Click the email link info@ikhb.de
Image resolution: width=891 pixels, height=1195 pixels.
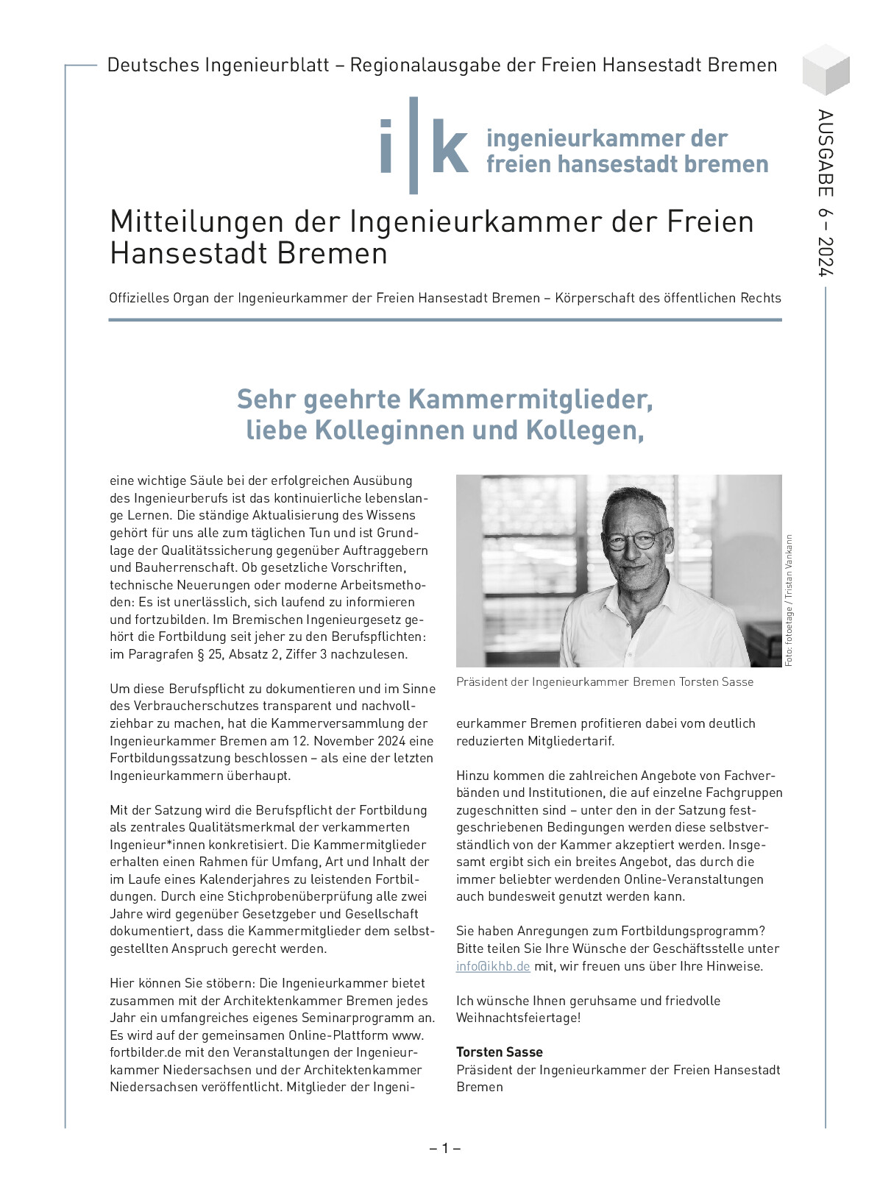493,966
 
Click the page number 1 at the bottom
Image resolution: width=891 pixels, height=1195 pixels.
445,1148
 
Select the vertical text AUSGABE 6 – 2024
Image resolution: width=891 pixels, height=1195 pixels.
826,193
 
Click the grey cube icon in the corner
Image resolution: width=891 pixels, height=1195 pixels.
826,69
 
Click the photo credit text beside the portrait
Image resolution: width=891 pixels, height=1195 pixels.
789,600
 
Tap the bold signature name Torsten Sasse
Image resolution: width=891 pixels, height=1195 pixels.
500,1052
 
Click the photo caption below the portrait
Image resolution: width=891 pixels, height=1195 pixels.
605,682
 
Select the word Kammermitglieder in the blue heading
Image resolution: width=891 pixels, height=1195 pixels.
530,400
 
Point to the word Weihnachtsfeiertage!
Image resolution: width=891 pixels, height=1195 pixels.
518,1018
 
